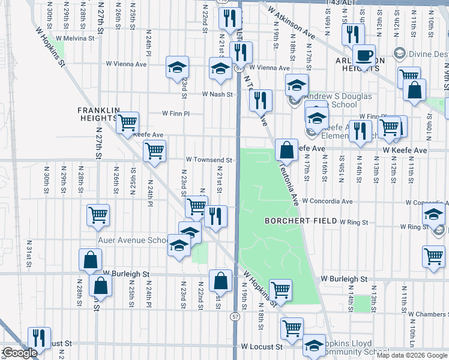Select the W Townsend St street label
(x=208, y=160)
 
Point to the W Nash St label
(x=217, y=94)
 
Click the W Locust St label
(x=261, y=347)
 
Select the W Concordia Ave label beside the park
(x=327, y=201)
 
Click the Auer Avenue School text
(x=134, y=241)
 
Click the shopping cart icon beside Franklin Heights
(x=127, y=122)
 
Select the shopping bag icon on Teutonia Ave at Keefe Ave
(x=287, y=149)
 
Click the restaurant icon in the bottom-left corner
(x=39, y=337)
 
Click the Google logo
(x=20, y=353)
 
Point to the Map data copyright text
(x=412, y=355)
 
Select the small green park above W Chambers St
(x=361, y=303)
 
